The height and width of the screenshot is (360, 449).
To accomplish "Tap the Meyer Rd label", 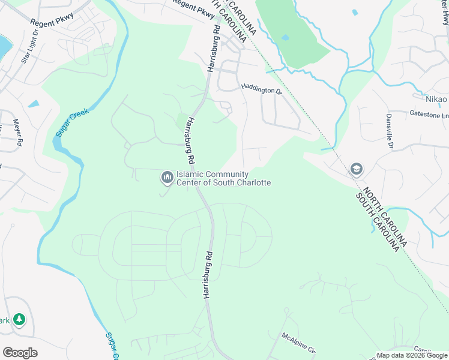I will coord(17,133).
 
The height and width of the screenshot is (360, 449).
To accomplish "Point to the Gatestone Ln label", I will coord(429,114).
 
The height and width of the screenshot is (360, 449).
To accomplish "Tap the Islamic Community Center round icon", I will coord(166,177).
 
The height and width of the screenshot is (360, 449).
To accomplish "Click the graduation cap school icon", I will coord(357,169).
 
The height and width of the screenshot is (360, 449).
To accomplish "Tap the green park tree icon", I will coord(19,319).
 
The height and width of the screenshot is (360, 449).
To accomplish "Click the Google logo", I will coord(20,353).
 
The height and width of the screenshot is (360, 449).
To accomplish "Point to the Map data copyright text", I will coord(412,355).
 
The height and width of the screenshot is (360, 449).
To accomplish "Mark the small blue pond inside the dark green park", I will coord(285,37).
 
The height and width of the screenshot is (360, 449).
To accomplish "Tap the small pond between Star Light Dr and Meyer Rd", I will coord(32,104).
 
